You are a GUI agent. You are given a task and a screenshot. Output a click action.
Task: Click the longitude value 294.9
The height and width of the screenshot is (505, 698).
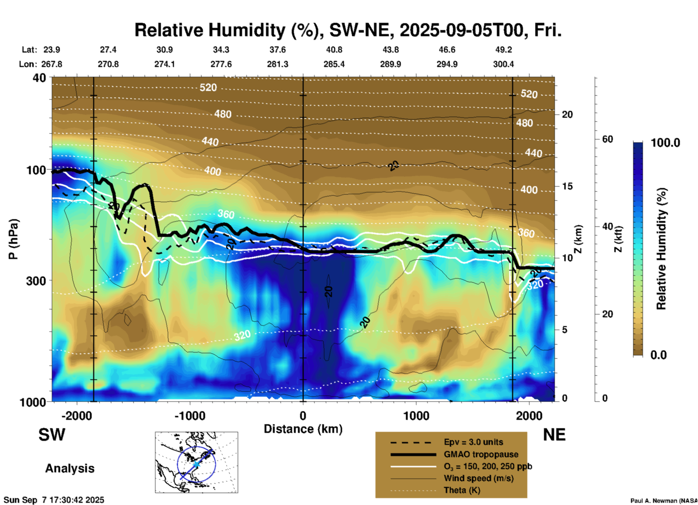[x=447, y=64]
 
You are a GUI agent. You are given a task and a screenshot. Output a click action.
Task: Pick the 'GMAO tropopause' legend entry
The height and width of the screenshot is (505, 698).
[x=481, y=454]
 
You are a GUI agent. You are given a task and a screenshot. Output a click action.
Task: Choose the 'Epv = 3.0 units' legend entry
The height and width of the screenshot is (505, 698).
[x=473, y=442]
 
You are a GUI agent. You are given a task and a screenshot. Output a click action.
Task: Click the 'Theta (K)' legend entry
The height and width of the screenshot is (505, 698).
[x=462, y=490]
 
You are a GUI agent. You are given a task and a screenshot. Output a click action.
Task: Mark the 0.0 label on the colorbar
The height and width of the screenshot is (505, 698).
[x=658, y=355]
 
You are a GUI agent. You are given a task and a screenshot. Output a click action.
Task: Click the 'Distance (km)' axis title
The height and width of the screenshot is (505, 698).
[x=303, y=429]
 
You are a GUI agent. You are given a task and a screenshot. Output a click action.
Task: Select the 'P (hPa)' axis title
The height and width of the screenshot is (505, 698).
[x=13, y=239]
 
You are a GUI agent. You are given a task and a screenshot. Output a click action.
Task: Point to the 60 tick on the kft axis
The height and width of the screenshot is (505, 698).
[x=607, y=139]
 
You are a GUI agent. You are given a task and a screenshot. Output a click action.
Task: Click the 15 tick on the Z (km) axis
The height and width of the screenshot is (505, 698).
[x=567, y=186]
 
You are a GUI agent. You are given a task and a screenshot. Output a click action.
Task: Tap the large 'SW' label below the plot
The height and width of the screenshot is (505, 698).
[x=52, y=435]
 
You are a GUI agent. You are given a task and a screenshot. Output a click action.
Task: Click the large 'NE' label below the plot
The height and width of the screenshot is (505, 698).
[x=554, y=435]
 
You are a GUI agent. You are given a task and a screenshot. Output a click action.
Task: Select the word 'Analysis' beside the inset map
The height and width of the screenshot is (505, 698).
[x=70, y=468]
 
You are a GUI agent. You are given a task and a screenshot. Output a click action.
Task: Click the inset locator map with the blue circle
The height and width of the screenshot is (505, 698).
[x=196, y=462]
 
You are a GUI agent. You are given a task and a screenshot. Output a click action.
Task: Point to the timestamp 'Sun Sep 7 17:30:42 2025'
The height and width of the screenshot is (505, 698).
[x=54, y=500]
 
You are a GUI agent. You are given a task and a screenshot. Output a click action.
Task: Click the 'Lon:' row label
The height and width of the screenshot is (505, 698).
[x=28, y=64]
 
